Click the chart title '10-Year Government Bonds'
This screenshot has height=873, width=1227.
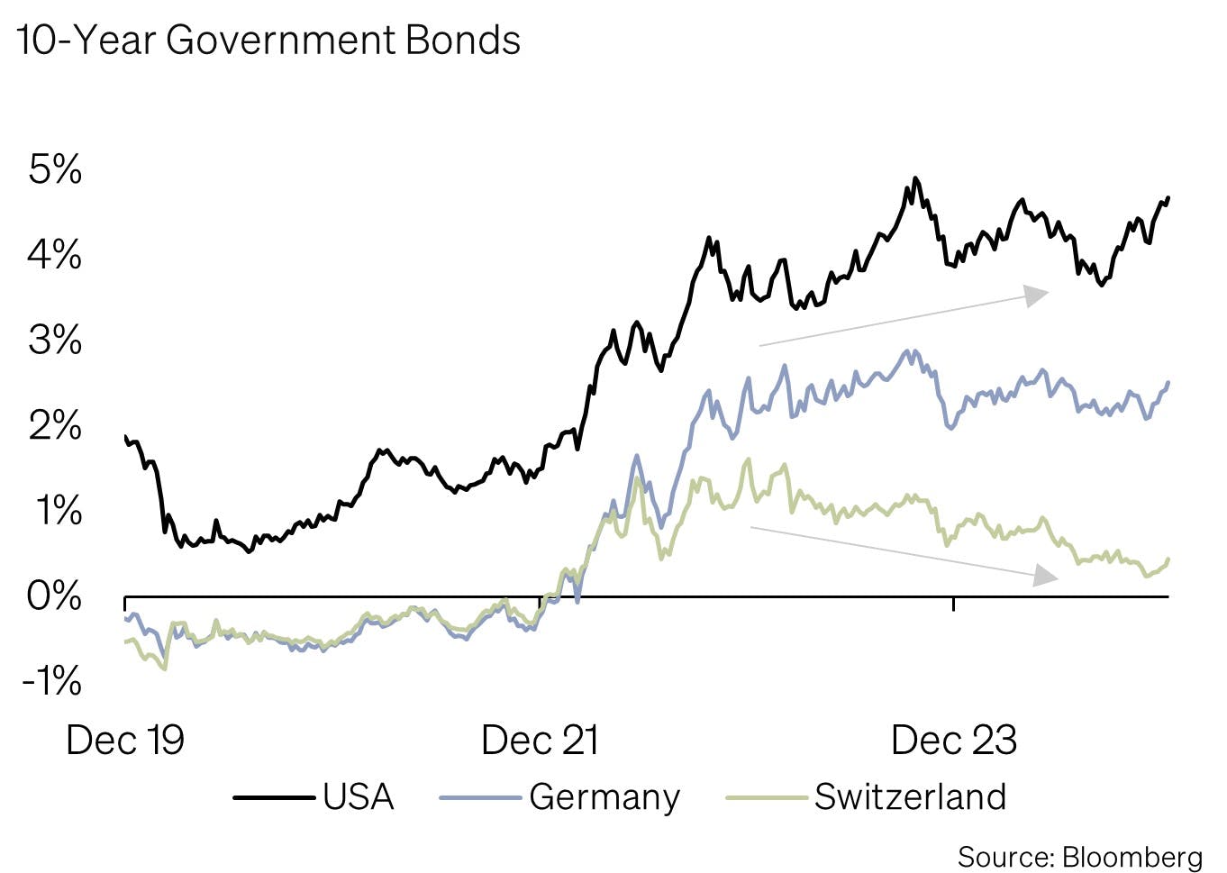268,41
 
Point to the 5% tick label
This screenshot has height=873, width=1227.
55,169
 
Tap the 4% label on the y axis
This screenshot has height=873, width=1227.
55,255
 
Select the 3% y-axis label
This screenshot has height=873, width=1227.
55,341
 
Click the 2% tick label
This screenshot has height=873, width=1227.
55,425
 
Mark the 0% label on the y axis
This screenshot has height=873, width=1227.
55,596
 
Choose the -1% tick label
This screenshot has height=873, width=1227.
51,681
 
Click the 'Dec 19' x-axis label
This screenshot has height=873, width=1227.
125,741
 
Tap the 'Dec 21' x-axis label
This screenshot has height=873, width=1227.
540,741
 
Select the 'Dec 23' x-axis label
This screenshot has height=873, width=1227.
953,741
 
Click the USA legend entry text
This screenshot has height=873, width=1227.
359,797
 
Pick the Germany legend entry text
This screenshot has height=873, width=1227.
604,797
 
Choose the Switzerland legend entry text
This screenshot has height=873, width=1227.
910,797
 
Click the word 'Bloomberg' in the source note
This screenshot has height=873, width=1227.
1132,857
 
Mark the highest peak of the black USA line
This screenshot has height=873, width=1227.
915,178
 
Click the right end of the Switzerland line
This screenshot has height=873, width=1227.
1168,559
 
